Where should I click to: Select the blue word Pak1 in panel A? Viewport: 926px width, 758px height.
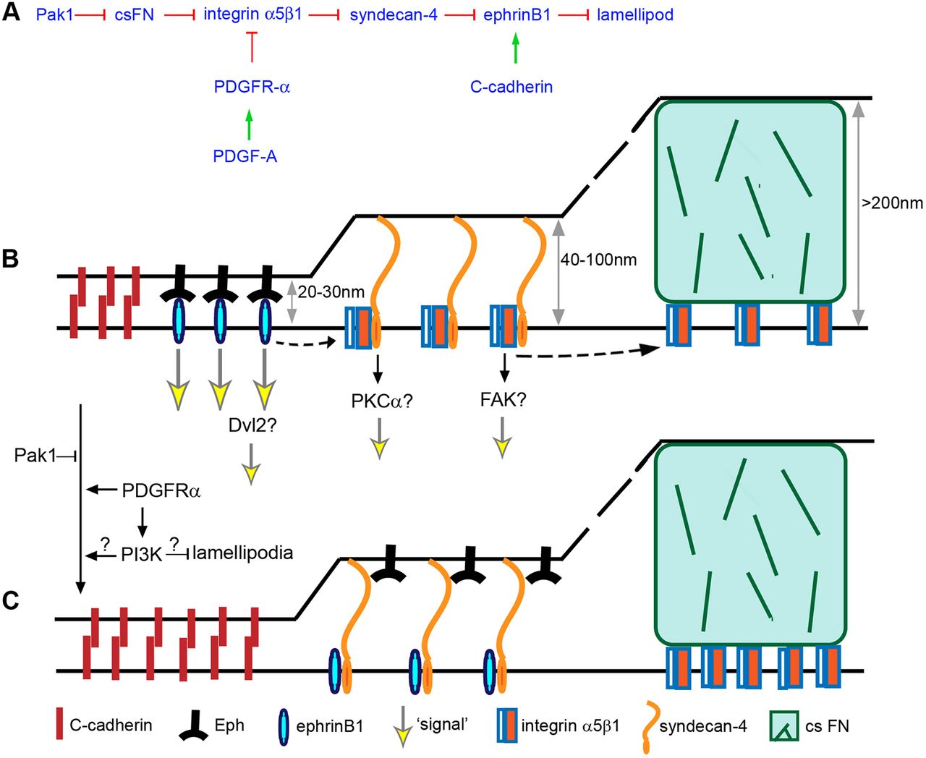(54, 14)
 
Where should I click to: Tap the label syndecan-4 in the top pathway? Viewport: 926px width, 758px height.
(394, 14)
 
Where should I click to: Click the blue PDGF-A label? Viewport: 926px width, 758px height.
(245, 156)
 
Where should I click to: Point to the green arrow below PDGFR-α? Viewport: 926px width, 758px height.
(249, 124)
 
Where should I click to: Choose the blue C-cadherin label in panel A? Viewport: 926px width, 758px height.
(511, 87)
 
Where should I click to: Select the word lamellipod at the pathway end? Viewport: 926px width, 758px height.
(635, 14)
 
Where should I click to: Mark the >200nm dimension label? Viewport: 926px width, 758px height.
(892, 203)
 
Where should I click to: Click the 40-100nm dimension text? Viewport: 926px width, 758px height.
(598, 260)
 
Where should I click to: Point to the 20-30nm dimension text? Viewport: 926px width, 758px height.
(331, 293)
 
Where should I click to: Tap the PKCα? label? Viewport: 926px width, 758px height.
(381, 400)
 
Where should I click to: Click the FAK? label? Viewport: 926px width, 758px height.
(503, 399)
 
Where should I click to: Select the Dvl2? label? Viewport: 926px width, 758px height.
(252, 425)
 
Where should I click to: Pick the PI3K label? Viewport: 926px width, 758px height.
(141, 555)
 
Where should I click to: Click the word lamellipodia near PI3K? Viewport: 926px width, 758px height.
(243, 553)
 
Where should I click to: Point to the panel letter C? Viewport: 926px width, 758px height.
(11, 600)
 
